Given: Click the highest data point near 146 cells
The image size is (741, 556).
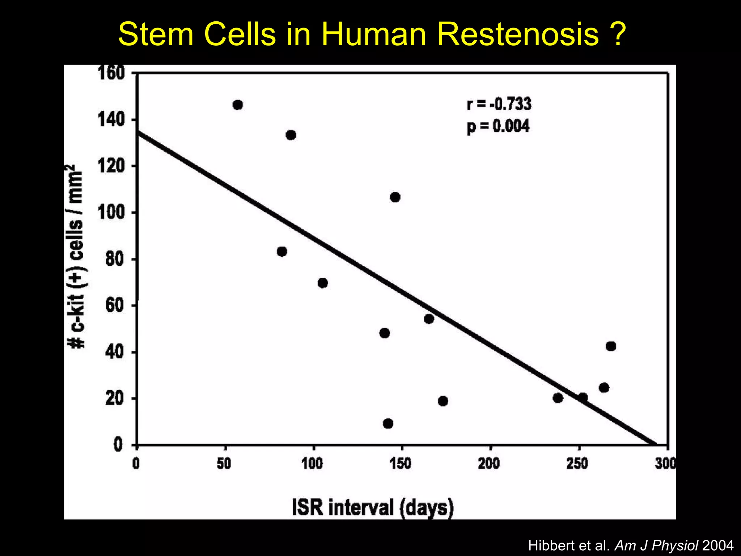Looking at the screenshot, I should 238,105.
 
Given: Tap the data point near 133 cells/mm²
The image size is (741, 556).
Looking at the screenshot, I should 291,135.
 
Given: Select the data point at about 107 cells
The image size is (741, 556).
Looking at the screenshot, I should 395,197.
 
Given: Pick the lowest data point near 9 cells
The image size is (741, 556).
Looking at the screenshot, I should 388,424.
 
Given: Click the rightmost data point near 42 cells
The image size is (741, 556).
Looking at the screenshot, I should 611,346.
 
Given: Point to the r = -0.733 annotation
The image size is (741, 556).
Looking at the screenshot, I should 499,104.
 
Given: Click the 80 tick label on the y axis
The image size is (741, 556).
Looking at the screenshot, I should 115,259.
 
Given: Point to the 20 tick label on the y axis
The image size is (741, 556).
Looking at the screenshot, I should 115,399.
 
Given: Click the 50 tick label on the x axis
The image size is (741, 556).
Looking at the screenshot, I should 224,464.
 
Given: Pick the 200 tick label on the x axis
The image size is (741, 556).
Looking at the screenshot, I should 489,464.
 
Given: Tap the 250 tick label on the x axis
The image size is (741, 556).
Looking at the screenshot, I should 577,464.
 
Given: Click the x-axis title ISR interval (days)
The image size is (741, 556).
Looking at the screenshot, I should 373,507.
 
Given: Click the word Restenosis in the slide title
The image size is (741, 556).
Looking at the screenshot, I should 518,34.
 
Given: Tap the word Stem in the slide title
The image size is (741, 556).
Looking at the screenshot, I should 156,34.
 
